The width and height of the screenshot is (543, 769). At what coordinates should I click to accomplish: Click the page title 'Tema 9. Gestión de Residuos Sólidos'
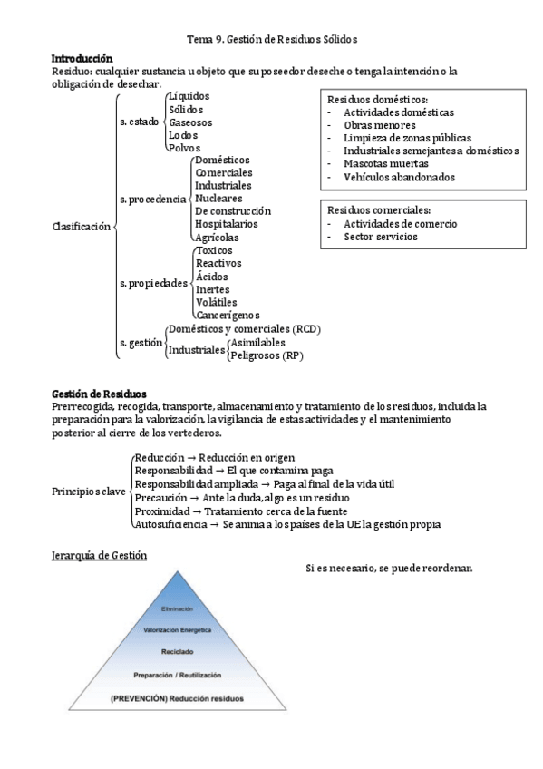point(272,40)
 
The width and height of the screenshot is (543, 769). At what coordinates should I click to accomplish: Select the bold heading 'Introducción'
point(82,58)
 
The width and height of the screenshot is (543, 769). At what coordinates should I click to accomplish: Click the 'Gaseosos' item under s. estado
point(192,122)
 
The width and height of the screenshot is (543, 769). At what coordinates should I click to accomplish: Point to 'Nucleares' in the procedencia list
point(219,198)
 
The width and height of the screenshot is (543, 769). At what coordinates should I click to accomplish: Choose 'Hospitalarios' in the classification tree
point(226,223)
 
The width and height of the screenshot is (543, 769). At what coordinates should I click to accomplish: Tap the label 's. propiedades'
point(154,283)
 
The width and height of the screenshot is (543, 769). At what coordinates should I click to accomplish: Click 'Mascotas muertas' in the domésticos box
point(384,164)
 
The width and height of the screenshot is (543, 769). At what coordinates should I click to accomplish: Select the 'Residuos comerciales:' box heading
point(379,210)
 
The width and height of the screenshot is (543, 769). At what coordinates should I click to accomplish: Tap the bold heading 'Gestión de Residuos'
point(98,394)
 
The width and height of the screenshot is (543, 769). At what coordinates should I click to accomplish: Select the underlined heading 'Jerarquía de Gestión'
point(99,554)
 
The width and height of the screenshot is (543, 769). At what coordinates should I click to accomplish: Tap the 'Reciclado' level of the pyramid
point(178,651)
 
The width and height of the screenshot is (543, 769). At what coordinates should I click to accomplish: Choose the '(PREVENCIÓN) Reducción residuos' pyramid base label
point(177,698)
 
